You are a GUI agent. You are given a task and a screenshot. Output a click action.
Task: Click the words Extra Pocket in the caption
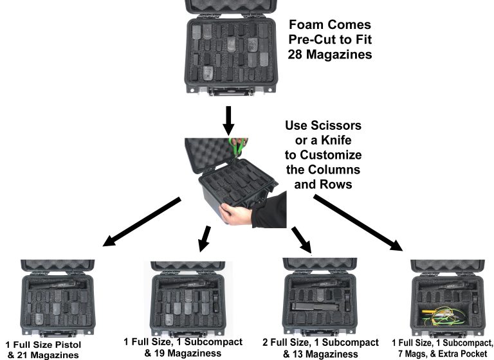462,354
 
